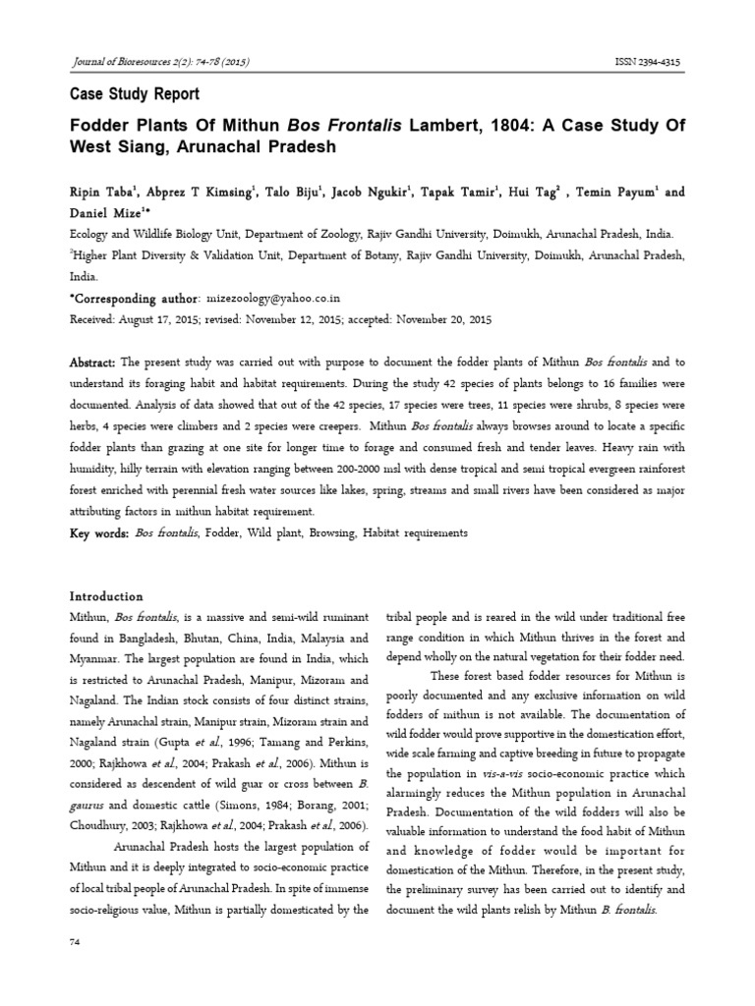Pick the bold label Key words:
click(98, 532)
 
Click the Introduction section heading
click(105, 596)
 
